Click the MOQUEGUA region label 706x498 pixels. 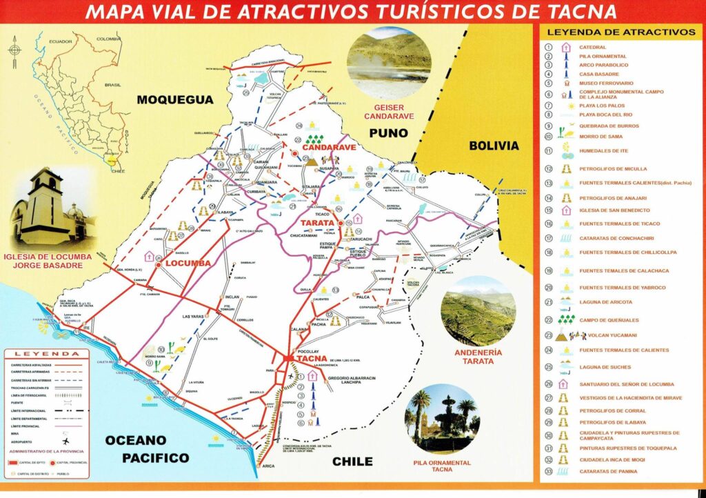175,100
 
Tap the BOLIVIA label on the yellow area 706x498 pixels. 493,146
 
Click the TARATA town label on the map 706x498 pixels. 316,223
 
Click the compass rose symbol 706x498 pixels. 15,50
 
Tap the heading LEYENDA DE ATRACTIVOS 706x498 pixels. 621,32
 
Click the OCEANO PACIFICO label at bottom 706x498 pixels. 146,448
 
